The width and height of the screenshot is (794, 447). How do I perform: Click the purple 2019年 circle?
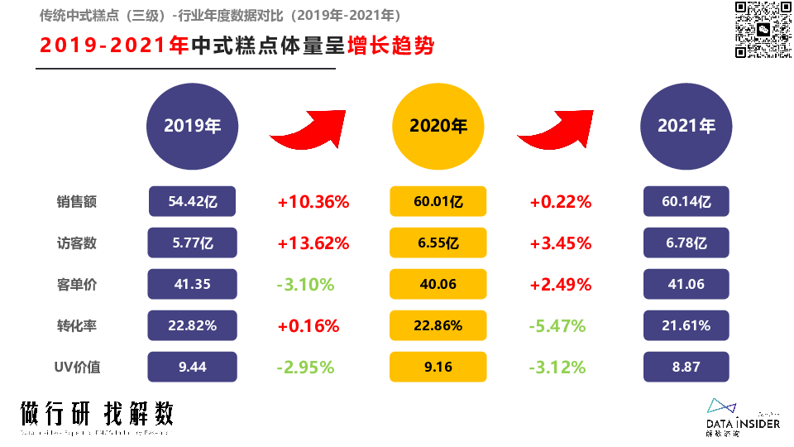tap(193, 126)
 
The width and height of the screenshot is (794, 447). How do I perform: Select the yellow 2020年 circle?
tap(438, 126)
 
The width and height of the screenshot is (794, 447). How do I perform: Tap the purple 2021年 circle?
tap(686, 126)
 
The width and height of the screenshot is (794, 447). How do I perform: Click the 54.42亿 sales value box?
tap(193, 201)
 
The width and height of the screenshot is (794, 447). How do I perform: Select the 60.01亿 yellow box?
tap(438, 201)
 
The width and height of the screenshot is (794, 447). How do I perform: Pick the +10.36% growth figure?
tap(313, 202)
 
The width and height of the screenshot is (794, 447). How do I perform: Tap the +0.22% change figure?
tap(561, 202)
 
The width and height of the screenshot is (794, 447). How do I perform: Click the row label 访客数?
tap(77, 243)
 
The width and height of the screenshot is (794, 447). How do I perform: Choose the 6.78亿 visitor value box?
tap(686, 243)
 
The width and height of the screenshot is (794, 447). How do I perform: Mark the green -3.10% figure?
tap(306, 285)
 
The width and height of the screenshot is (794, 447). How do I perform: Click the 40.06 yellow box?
tap(438, 284)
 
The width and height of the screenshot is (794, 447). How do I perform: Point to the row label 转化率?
tap(77, 326)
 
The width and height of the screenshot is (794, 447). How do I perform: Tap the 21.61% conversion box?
tap(686, 325)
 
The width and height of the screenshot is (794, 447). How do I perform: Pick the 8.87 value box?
tap(686, 367)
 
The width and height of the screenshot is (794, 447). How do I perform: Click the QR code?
tap(763, 30)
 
